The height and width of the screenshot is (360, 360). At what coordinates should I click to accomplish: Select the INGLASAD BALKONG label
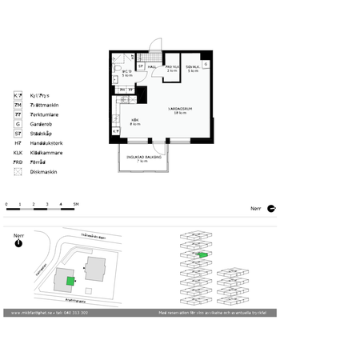143,158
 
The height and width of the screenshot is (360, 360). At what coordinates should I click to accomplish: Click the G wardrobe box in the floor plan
206,63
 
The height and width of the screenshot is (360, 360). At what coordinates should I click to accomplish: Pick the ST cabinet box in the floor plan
141,66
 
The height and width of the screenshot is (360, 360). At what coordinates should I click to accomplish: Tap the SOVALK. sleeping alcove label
193,68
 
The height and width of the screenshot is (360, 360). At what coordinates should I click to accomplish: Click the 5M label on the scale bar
75,205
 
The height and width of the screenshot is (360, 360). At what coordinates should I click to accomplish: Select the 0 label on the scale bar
6,205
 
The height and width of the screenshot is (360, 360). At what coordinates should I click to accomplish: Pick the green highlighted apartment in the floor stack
203,254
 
